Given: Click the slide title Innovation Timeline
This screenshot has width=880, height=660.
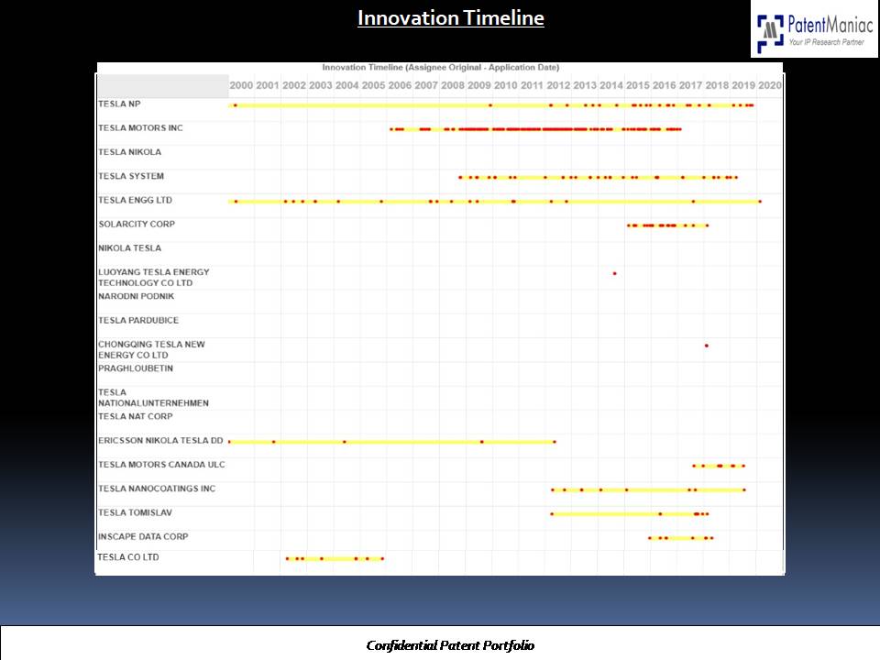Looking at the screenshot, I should coord(450,18).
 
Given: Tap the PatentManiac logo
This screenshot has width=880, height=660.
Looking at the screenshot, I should coord(814,31).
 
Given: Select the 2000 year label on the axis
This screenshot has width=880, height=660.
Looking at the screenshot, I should coord(241,85).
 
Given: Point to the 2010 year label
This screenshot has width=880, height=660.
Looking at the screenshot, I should coord(505,85).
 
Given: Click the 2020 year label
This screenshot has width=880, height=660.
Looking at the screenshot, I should coord(770,85).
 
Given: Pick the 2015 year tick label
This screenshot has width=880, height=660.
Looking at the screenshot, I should coord(638,85).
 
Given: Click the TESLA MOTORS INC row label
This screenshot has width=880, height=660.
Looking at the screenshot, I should coord(140,128).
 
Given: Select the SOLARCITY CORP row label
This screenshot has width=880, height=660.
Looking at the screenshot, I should coord(137,225).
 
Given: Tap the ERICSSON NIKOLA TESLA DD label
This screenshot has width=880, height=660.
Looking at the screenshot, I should coord(160,441).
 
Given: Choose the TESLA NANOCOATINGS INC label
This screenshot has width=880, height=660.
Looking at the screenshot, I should coord(157,489).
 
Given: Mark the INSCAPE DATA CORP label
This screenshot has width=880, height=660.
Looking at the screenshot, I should coord(143,537).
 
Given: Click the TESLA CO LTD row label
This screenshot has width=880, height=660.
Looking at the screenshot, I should coord(127,557).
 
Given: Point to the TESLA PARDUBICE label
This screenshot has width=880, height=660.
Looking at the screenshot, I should coord(138,321).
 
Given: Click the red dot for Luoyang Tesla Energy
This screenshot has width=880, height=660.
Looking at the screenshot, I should coord(614,273).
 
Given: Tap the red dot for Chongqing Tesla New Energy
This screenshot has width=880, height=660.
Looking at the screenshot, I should coord(706,346).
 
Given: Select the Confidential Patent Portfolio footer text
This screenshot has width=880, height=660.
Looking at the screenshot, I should coord(450,645).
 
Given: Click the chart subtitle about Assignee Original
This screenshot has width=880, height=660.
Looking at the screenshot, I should coord(440,68).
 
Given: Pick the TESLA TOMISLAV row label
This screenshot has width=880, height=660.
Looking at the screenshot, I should coord(135,513).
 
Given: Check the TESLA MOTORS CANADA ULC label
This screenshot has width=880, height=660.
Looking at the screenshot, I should coord(161,465).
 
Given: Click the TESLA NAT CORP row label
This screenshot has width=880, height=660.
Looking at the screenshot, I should coord(135,417).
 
